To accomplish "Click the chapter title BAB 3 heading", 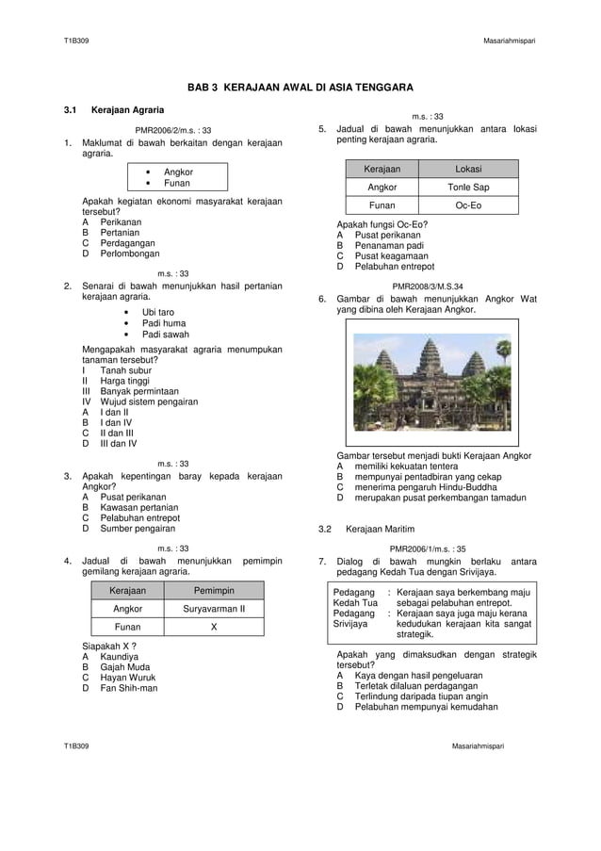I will pyautogui.click(x=300, y=88).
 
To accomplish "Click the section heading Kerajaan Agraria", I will pyautogui.click(x=127, y=110).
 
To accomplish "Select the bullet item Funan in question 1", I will pyautogui.click(x=176, y=183).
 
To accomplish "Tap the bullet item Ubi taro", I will pyautogui.click(x=157, y=312).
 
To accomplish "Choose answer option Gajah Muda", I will pyautogui.click(x=124, y=666).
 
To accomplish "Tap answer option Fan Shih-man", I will pyautogui.click(x=128, y=688).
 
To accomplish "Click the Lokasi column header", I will pyautogui.click(x=468, y=169).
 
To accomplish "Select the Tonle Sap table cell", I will pyautogui.click(x=468, y=188).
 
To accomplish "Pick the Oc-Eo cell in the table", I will pyautogui.click(x=468, y=205).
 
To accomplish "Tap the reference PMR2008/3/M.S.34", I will pyautogui.click(x=427, y=286).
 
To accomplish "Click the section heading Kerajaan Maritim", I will pyautogui.click(x=380, y=529).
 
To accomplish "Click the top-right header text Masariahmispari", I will pyautogui.click(x=510, y=41).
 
